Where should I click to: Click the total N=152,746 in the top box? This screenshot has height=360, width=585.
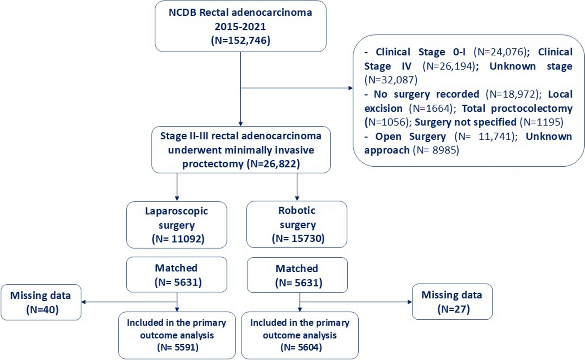[x=240, y=41]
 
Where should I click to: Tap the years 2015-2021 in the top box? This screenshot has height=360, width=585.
[x=240, y=27]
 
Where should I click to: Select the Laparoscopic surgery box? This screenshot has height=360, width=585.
[x=176, y=225]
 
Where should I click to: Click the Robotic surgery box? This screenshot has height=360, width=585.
[x=297, y=224]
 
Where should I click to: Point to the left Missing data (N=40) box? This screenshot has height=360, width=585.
[x=41, y=302]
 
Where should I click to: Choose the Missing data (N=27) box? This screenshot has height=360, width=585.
[x=452, y=302]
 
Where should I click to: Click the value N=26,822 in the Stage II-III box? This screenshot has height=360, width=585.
[x=273, y=164]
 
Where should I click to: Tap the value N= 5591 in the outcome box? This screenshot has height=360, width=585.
[x=178, y=347]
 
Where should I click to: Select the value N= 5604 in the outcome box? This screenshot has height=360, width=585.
[x=301, y=347]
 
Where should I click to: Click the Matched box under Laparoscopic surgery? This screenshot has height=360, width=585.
[x=176, y=274]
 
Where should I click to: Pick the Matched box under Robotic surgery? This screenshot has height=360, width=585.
[x=297, y=275]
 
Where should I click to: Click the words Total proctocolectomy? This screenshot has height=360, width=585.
[x=517, y=108]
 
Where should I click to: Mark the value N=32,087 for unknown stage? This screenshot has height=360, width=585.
[x=391, y=80]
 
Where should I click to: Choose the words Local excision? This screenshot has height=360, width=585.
[x=560, y=94]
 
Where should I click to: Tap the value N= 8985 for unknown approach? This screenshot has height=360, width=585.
[x=436, y=150]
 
